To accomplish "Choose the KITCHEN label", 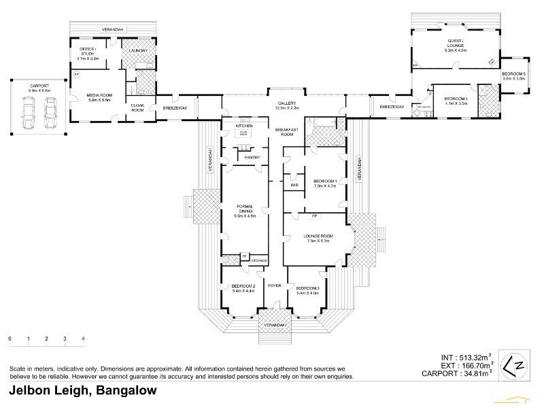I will click(245, 126).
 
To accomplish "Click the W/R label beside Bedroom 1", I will click(294, 184).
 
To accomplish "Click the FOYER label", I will click(275, 286).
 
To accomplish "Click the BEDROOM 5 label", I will click(514, 75).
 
